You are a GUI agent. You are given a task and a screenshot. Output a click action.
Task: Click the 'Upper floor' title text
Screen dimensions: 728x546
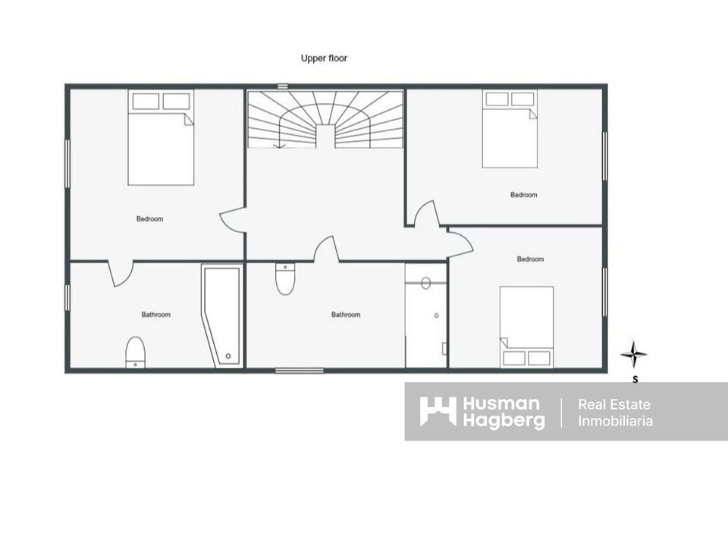tap(324, 58)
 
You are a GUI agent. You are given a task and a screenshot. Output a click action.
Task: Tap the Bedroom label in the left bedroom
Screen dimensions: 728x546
tap(149, 218)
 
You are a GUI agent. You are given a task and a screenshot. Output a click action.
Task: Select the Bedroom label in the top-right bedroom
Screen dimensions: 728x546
tap(524, 195)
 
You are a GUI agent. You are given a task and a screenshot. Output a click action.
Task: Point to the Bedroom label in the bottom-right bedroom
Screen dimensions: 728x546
tap(530, 259)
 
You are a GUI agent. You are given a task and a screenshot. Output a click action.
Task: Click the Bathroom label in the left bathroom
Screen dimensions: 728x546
tap(156, 314)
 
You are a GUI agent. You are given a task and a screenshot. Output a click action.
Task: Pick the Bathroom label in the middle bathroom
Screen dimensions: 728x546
tap(346, 314)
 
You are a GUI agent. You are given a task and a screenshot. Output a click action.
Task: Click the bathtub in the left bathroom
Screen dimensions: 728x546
tap(223, 315)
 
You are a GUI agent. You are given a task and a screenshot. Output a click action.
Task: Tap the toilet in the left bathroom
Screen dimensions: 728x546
tap(135, 353)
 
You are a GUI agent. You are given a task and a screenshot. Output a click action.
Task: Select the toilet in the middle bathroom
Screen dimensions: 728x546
tap(285, 278)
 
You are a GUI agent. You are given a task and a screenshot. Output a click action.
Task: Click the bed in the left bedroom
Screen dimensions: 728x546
tap(161, 137)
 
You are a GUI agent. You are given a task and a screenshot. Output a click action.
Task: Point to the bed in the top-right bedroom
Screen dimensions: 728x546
tap(510, 129)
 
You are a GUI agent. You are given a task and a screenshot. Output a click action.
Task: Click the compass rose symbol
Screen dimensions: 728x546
tap(634, 354)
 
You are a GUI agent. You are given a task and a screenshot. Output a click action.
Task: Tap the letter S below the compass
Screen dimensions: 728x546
tap(635, 379)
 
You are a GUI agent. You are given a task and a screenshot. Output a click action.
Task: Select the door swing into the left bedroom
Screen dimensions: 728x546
tap(232, 220)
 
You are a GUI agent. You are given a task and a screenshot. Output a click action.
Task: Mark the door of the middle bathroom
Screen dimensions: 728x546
tap(326, 249)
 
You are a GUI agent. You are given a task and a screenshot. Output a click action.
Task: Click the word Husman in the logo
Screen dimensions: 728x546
tap(501, 404)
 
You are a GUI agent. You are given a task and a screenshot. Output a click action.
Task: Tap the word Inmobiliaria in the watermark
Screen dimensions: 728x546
tap(615, 421)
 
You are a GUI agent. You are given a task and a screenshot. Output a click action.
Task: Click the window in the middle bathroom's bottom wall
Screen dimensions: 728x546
tap(300, 371)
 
